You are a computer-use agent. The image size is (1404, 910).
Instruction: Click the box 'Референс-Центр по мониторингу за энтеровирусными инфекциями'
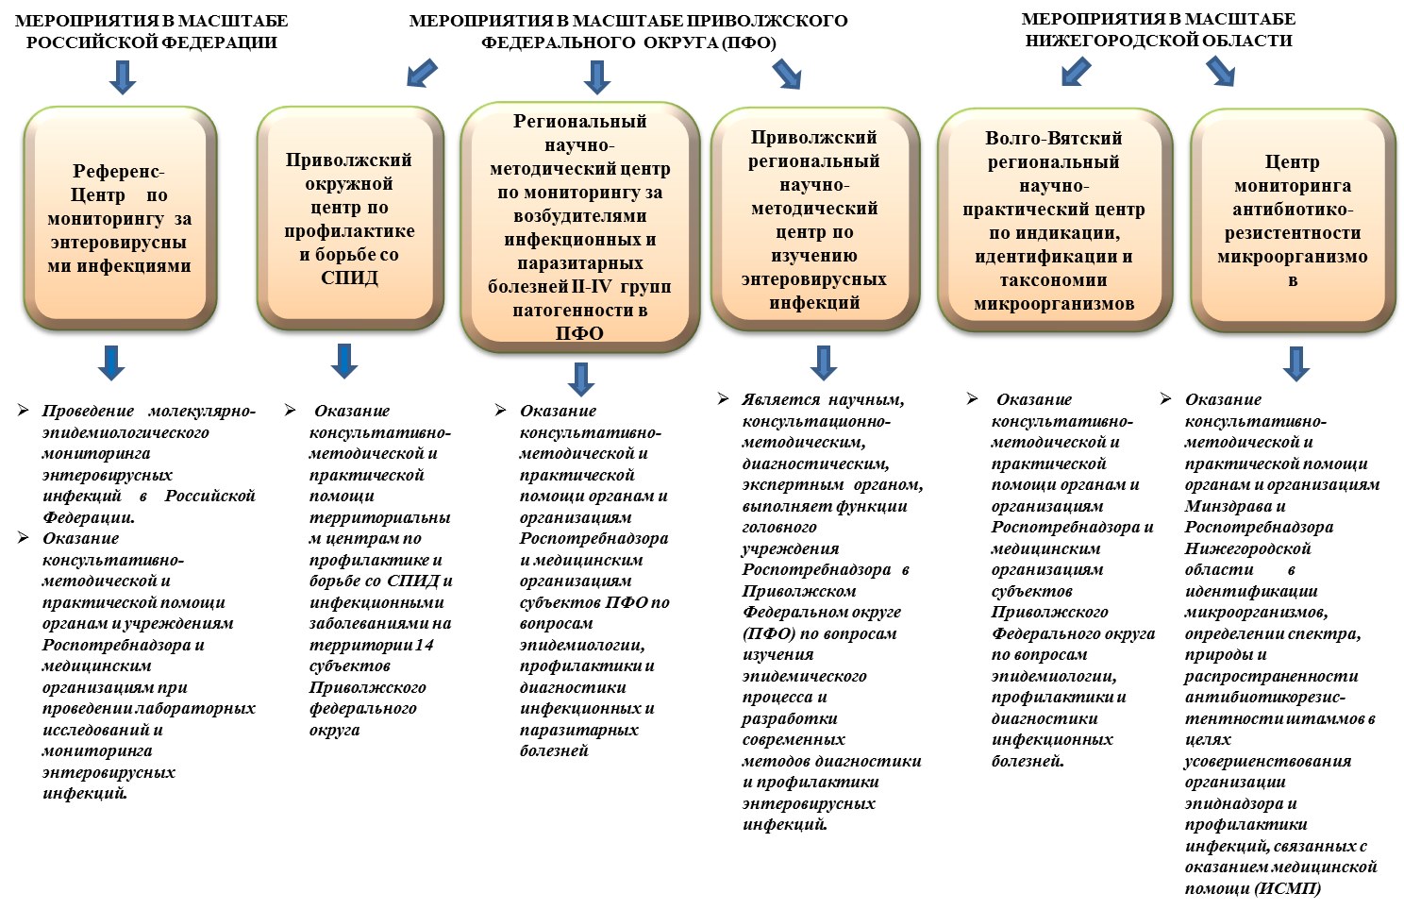(120, 218)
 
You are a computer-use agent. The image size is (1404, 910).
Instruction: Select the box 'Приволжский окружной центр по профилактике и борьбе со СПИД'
(350, 218)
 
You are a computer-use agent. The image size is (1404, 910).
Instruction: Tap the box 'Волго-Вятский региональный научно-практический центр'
(1054, 220)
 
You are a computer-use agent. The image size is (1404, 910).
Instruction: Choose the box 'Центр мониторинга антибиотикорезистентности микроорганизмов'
(1293, 220)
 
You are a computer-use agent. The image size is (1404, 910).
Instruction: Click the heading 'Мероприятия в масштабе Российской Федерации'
(152, 31)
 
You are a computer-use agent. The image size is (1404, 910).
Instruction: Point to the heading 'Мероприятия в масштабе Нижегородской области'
(1159, 29)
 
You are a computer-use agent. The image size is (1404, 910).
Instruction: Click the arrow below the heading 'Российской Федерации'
(123, 77)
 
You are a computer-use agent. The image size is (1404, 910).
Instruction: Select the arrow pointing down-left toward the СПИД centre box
(421, 72)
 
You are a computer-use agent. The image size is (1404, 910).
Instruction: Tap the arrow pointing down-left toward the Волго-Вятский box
(1077, 71)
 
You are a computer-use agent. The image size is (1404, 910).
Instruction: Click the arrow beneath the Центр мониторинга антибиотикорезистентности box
(1296, 363)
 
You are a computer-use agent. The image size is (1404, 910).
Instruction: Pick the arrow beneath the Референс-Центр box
(111, 362)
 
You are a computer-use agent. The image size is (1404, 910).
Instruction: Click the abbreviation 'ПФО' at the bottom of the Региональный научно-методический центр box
(579, 333)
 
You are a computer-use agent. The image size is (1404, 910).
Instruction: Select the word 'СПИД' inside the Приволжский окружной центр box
(350, 278)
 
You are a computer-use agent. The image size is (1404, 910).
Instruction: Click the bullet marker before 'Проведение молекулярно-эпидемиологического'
(24, 410)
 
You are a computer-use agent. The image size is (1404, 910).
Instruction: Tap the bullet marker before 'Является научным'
(724, 399)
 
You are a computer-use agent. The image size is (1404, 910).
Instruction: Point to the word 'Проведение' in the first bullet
(88, 412)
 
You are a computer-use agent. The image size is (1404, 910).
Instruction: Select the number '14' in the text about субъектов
(424, 645)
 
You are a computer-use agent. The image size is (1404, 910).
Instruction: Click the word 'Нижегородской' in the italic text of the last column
(1247, 548)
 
